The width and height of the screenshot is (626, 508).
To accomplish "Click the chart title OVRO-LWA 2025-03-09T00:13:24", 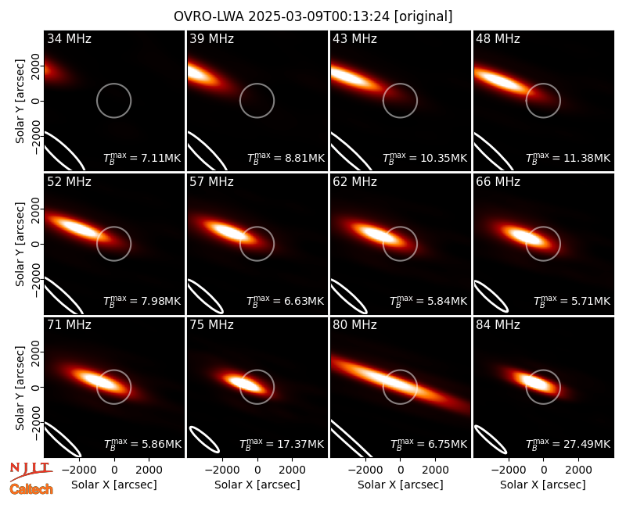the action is [282, 16].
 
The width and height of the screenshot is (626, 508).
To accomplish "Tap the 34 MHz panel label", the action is [69, 38].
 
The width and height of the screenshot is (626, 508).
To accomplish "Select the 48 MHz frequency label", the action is [498, 38].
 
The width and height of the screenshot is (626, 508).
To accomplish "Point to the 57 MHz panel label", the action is [211, 182].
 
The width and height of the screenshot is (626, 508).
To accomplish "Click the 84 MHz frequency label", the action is [498, 325].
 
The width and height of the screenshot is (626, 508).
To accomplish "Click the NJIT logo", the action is [31, 470].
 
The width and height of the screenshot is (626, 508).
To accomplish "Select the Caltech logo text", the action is [31, 489].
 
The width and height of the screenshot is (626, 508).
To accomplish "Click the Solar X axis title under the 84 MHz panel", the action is [543, 485].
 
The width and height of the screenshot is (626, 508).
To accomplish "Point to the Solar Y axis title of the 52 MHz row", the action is [20, 244].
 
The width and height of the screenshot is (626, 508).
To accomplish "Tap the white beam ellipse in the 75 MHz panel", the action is [204, 439].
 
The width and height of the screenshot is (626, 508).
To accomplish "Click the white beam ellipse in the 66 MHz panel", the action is [491, 296].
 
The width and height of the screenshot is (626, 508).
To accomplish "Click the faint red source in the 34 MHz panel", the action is [51, 71].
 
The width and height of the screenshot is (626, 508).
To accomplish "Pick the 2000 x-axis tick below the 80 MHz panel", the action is [435, 470].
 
